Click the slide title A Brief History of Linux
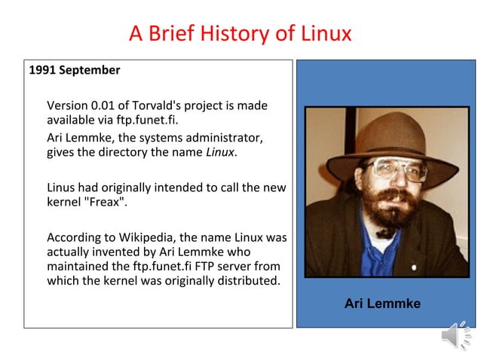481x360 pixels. coord(240,34)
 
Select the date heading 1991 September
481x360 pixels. coord(74,70)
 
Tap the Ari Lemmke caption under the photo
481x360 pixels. coord(382,304)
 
